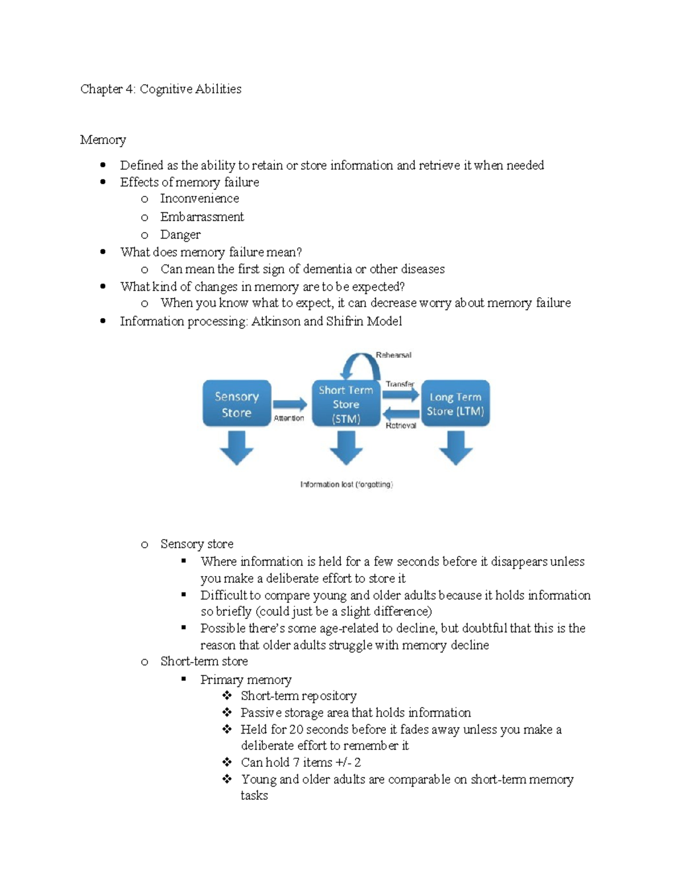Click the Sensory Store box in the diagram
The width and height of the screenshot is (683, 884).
pos(237,404)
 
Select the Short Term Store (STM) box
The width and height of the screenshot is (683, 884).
pos(346,404)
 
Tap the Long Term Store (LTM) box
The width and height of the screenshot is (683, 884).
pos(455,404)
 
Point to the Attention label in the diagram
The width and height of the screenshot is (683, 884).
pos(289,418)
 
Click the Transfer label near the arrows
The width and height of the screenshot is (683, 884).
pos(400,384)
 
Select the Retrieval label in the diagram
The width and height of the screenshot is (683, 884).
pos(401,425)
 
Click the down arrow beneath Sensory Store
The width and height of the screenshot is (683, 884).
pos(237,447)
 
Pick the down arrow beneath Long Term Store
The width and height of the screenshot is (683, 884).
pos(455,447)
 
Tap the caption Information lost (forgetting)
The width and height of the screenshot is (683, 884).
pos(347,484)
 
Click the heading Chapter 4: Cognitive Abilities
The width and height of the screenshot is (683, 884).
pos(161,89)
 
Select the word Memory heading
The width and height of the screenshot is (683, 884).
pos(103,139)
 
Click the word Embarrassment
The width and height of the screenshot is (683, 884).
pos(201,217)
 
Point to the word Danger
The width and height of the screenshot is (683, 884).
pos(180,235)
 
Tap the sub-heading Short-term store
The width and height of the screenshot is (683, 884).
pos(204,661)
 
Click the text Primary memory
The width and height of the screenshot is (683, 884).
pos(245,680)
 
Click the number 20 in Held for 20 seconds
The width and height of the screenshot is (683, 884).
pos(296,730)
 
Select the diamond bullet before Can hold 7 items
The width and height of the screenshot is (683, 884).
pos(227,762)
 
